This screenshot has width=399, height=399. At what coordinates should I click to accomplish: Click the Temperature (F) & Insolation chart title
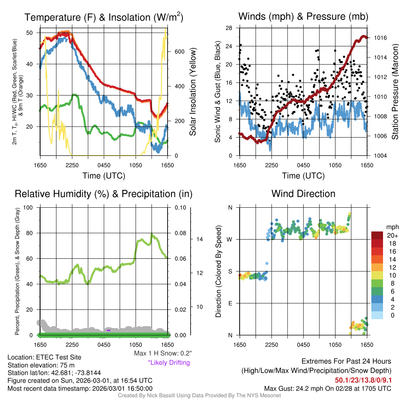click(x=104, y=17)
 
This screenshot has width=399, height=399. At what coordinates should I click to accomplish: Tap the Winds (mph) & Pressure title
click(x=304, y=16)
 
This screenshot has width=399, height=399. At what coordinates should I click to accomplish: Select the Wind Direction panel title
click(x=304, y=194)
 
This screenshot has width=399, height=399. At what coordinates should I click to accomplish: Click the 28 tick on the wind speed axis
click(x=229, y=28)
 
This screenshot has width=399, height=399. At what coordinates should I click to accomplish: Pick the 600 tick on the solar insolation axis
click(x=179, y=51)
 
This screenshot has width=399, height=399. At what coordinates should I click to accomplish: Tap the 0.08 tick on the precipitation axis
click(x=180, y=233)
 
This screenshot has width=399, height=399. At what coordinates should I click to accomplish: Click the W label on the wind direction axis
click(x=230, y=239)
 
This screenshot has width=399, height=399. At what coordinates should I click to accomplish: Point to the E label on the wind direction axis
click(x=230, y=303)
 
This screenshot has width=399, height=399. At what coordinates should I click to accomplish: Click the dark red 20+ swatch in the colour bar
click(x=378, y=235)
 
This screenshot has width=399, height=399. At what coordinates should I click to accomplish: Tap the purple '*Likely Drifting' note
click(x=169, y=363)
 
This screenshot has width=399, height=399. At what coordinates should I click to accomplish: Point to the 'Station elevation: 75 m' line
click(x=41, y=365)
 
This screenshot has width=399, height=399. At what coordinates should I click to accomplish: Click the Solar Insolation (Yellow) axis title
click(x=192, y=92)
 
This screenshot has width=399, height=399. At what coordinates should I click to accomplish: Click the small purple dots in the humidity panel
click(x=109, y=330)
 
